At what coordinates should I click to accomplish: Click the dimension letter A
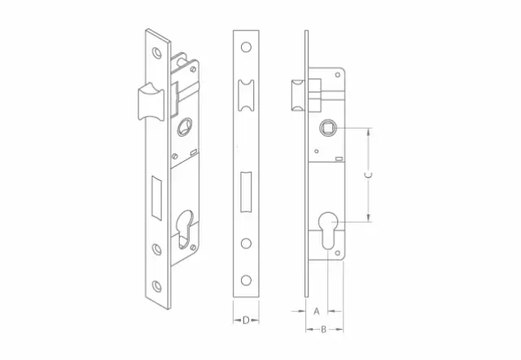click(x=317, y=311)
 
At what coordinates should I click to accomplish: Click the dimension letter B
click(x=323, y=329)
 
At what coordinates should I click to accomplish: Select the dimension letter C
click(x=368, y=175)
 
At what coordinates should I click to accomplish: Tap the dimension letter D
click(x=246, y=320)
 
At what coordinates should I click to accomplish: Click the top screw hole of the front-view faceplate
click(x=246, y=47)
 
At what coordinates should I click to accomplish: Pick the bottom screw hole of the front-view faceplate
click(x=246, y=280)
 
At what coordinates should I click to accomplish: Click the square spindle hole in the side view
click(x=328, y=128)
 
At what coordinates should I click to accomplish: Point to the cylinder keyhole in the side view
click(x=328, y=230)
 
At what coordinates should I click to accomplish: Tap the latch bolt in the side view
click(x=299, y=95)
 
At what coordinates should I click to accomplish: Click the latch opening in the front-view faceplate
click(x=246, y=95)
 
